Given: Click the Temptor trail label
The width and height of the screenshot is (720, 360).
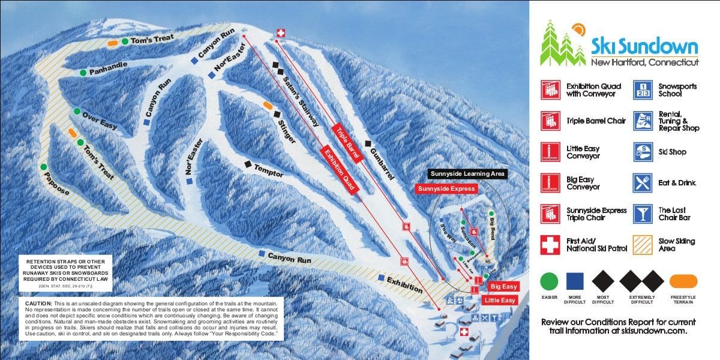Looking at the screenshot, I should point(268,170).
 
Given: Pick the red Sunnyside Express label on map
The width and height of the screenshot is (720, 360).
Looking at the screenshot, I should point(446,188).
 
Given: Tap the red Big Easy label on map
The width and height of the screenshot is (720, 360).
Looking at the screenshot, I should point(503,287).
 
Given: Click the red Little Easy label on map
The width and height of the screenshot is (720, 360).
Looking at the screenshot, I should point(500,300).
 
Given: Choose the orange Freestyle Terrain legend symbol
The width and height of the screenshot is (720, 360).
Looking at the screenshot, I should point(683,281).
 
